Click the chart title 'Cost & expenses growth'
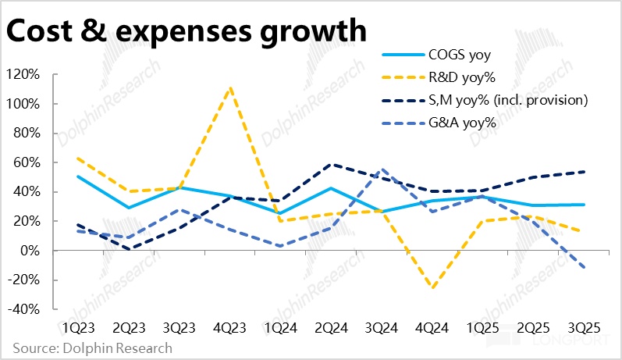tap(186, 30)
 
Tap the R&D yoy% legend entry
tap(460, 77)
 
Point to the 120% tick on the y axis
tap(23, 74)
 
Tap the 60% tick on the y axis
tap(27, 162)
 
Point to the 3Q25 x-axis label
tap(583, 326)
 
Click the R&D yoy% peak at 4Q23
tap(230, 87)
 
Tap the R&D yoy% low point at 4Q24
tap(432, 287)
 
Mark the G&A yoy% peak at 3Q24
tap(381, 169)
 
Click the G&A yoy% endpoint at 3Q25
tap(583, 267)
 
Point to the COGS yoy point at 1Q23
tap(79, 176)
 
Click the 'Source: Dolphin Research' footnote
tap(92, 348)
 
